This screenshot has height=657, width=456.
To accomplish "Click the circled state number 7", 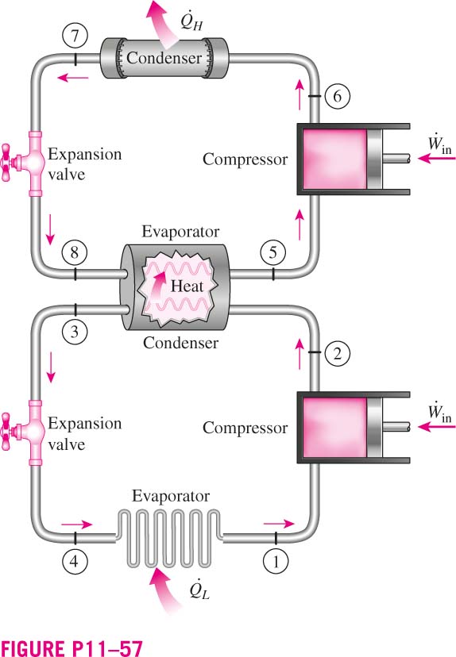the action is (x=75, y=36).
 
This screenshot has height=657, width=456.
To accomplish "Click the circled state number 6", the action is (x=338, y=96).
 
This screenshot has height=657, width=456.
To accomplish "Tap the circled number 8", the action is (x=74, y=252).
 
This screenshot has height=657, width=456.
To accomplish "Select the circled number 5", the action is (x=273, y=252).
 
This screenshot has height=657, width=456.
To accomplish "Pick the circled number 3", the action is (x=74, y=332).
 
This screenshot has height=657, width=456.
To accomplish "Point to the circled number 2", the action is (x=338, y=353).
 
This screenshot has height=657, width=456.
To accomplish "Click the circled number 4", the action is (x=74, y=561).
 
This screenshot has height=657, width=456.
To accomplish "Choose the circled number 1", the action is (x=276, y=561).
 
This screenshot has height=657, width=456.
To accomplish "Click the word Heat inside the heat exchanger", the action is (x=187, y=286).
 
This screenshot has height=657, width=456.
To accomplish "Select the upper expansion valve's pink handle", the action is (x=6, y=163).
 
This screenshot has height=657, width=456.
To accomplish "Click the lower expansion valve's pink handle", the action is (x=6, y=432).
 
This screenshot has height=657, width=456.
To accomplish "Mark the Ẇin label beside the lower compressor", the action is (x=439, y=413).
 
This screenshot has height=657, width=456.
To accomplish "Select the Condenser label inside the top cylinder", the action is (x=164, y=58).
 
